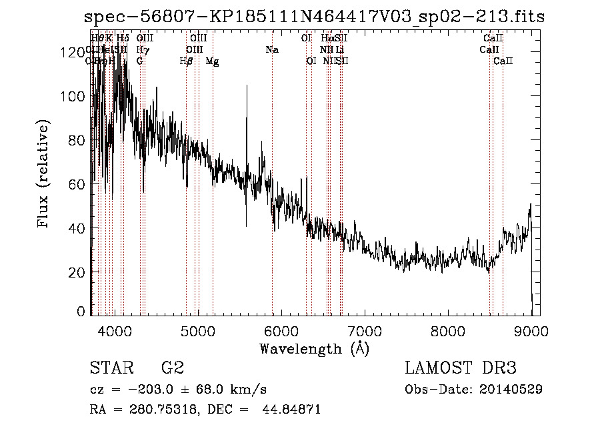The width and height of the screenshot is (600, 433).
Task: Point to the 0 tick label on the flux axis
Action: click(x=81, y=312)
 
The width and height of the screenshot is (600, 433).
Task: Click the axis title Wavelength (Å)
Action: click(x=314, y=348)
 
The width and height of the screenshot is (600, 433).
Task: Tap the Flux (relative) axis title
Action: click(x=45, y=175)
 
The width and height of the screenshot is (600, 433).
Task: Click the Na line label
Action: click(x=272, y=50)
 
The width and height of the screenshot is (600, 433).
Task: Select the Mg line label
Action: click(x=212, y=61)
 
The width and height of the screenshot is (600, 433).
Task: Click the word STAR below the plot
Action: click(x=112, y=368)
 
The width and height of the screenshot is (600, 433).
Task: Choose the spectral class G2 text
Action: click(x=173, y=368)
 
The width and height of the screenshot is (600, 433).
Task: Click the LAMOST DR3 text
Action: click(x=460, y=368)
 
